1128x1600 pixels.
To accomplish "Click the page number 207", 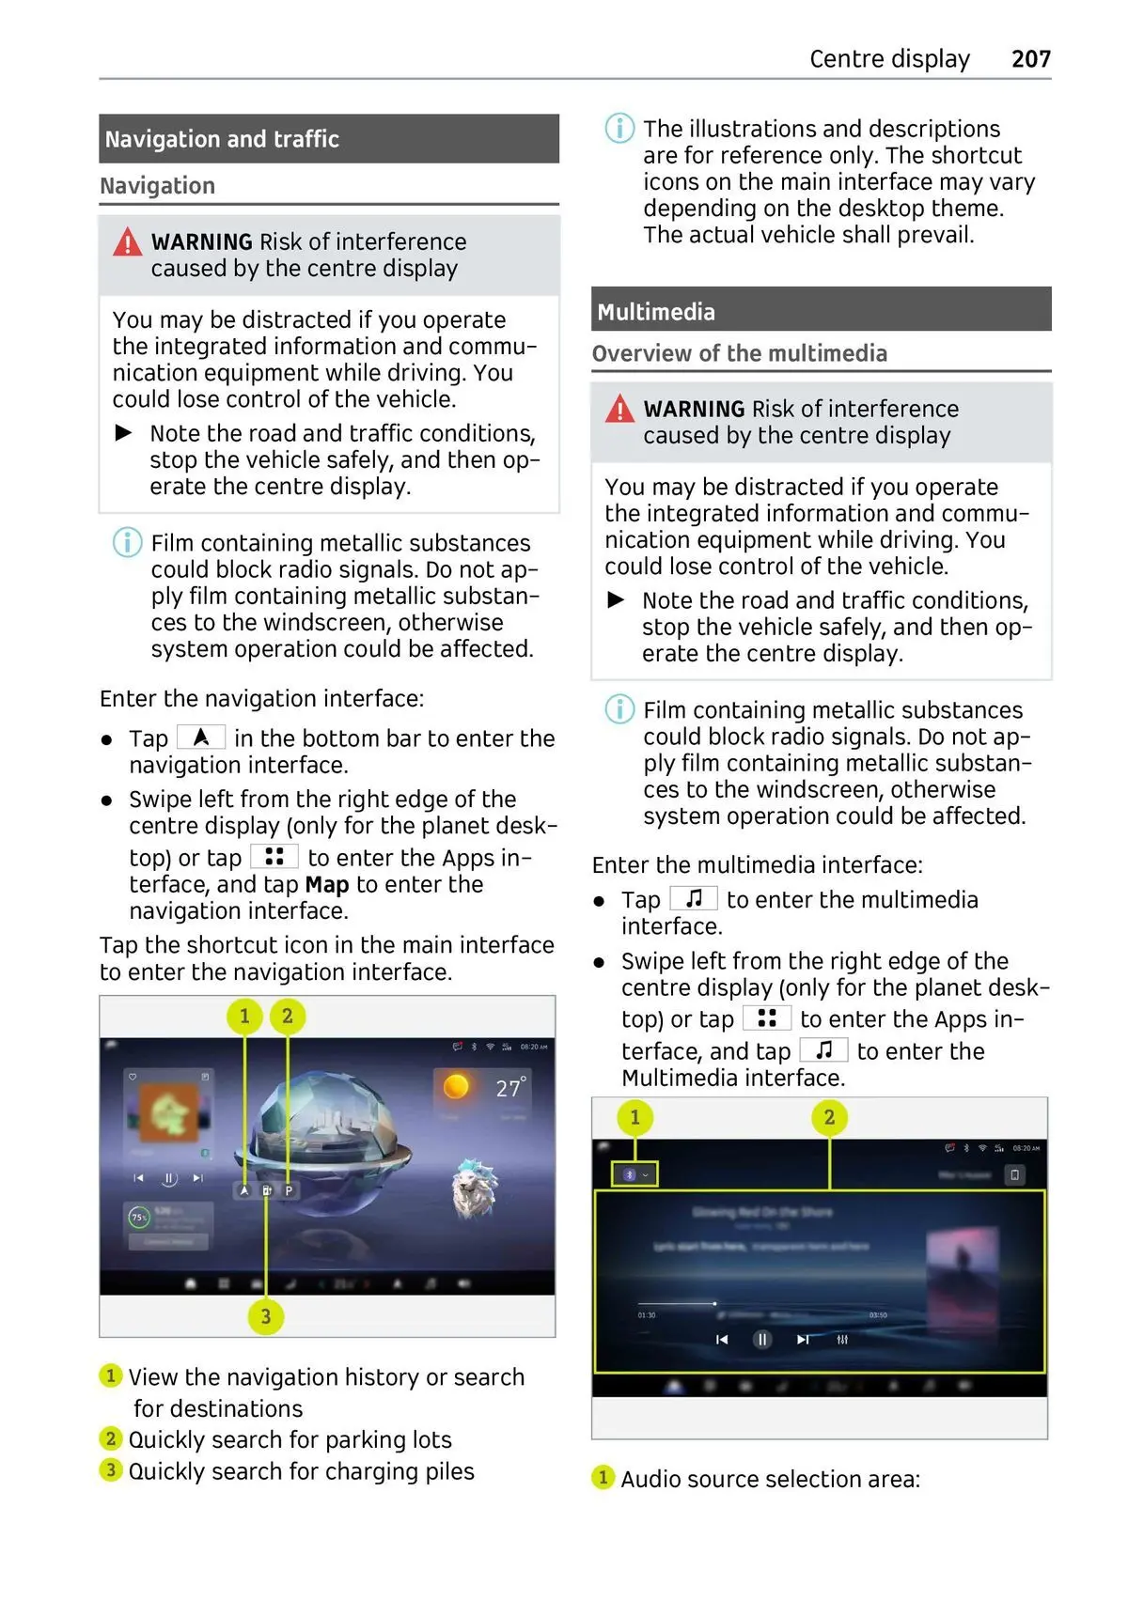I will point(1030,59).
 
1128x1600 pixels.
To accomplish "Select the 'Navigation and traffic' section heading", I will point(222,139).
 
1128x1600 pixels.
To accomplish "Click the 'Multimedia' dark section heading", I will point(656,312).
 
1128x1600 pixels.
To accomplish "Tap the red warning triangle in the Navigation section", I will point(127,243).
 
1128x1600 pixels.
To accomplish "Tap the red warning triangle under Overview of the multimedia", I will point(619,410).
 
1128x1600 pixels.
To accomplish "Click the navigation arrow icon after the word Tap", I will point(201,738).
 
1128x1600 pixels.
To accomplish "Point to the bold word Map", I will point(327,884).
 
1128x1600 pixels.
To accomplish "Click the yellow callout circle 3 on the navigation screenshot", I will point(266,1316).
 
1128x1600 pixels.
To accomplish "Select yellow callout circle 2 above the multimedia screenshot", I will point(829,1117).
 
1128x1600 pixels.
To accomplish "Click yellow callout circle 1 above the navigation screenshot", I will point(244,1016).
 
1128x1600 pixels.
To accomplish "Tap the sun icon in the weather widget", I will point(456,1086).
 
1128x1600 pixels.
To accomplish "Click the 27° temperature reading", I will point(510,1088).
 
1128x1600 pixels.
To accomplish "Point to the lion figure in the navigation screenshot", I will point(474,1188).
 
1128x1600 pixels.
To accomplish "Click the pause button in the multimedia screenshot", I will point(762,1340).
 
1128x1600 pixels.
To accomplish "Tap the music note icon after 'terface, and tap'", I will point(823,1050).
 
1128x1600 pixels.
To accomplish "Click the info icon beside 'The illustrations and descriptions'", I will point(619,128).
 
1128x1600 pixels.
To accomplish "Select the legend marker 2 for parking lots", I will point(111,1438).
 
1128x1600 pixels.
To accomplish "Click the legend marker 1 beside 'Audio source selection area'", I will point(603,1478).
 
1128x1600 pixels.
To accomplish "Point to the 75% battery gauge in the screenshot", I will point(139,1218).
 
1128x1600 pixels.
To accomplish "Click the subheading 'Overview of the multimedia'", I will point(739,353).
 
